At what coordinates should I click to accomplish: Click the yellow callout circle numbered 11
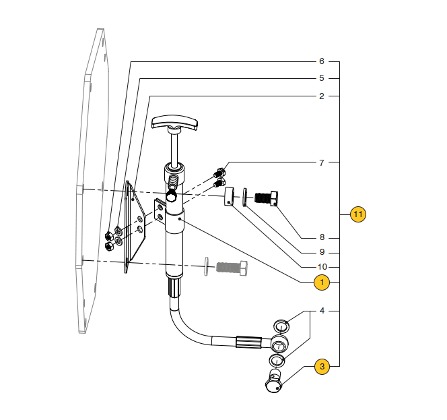pyautogui.click(x=357, y=214)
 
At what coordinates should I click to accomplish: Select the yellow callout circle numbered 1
pyautogui.click(x=322, y=282)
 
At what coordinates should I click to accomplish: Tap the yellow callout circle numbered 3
pyautogui.click(x=322, y=366)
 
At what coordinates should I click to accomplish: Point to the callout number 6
pyautogui.click(x=322, y=61)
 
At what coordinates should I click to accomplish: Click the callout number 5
pyautogui.click(x=322, y=78)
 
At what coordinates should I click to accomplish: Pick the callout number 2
pyautogui.click(x=322, y=96)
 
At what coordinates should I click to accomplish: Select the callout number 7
pyautogui.click(x=322, y=162)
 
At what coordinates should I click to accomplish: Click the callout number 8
pyautogui.click(x=322, y=237)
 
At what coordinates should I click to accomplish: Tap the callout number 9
pyautogui.click(x=322, y=252)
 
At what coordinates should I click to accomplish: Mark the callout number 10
pyautogui.click(x=322, y=267)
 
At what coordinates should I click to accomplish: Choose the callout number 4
pyautogui.click(x=322, y=311)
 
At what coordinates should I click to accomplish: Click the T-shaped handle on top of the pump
pyautogui.click(x=174, y=122)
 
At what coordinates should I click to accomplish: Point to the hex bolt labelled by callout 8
pyautogui.click(x=267, y=198)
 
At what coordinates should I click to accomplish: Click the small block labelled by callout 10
pyautogui.click(x=229, y=196)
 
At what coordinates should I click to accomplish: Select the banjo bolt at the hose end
pyautogui.click(x=274, y=381)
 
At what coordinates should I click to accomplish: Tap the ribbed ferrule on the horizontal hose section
pyautogui.click(x=248, y=342)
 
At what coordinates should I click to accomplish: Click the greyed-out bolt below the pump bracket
pyautogui.click(x=232, y=268)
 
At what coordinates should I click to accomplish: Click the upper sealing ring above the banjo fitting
pyautogui.click(x=281, y=326)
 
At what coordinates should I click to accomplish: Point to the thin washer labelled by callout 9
pyautogui.click(x=244, y=197)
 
